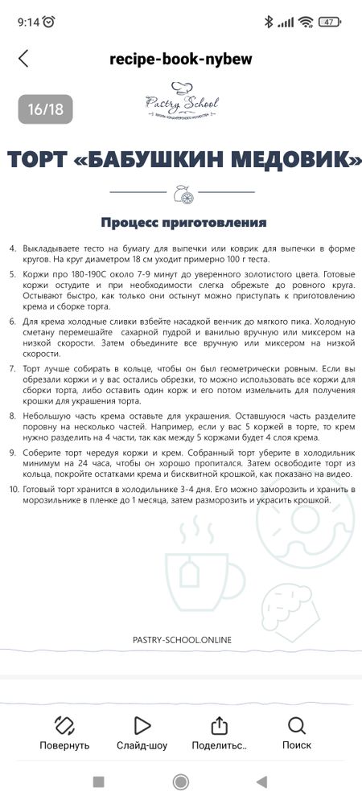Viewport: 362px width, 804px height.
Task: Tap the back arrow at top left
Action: tap(23, 58)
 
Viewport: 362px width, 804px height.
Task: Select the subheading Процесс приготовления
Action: tap(183, 222)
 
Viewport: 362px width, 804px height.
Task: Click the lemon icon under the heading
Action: tap(181, 193)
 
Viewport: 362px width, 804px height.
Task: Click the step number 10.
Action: tap(13, 489)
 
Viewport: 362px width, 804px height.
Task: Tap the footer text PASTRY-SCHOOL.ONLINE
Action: tap(181, 639)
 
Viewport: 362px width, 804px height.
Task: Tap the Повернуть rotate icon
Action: tap(64, 726)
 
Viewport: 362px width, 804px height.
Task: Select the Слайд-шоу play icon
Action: tap(142, 726)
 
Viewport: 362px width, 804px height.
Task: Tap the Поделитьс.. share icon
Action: tap(219, 726)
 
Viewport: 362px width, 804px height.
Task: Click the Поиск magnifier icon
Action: tap(296, 726)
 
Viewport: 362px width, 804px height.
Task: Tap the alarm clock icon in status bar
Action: tap(49, 22)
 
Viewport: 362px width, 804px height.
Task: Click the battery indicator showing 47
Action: tap(329, 22)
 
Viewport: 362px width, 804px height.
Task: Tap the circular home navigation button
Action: tap(181, 781)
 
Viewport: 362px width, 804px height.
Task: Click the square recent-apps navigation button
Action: tap(98, 781)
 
